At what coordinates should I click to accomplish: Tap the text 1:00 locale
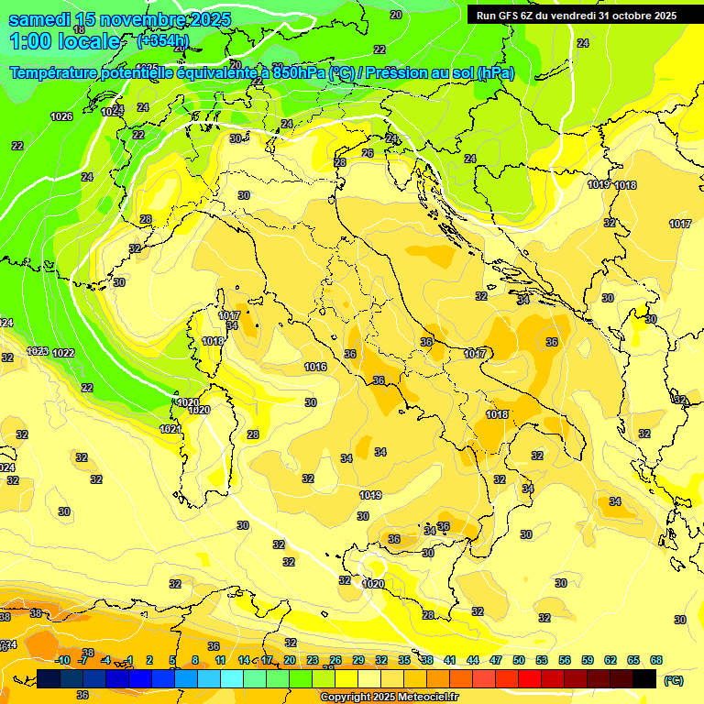[x=65, y=41]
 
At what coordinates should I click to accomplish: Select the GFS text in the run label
[x=513, y=16]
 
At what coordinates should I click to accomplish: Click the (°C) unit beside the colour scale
[x=673, y=680]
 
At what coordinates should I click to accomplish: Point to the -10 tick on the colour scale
[x=62, y=660]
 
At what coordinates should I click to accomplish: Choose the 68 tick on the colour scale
[x=656, y=660]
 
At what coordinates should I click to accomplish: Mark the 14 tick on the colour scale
[x=244, y=660]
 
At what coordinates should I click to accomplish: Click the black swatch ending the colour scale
[x=644, y=678]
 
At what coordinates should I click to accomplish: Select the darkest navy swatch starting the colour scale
[x=49, y=678]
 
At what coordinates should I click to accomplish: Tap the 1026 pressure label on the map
[x=61, y=116]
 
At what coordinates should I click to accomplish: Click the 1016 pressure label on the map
[x=315, y=367]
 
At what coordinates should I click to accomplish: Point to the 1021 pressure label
[x=170, y=429]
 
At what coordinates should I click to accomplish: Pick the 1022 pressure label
[x=63, y=353]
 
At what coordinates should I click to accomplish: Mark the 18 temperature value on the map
[x=80, y=183]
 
